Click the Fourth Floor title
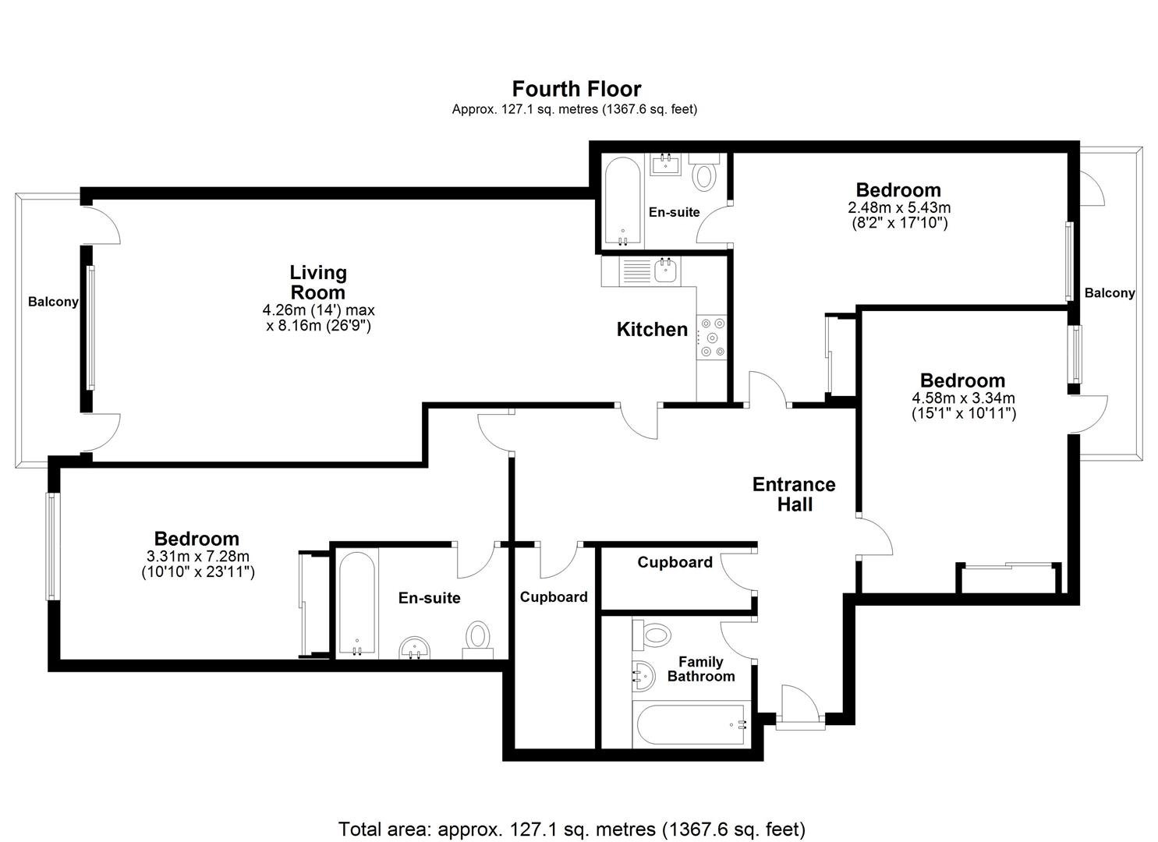576,89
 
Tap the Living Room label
318,282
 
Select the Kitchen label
652,329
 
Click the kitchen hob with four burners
712,338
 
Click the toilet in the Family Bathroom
651,635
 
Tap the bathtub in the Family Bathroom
692,724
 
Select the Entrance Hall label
794,494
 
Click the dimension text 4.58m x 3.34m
963,398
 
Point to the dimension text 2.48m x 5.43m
899,207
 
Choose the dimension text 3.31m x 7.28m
198,556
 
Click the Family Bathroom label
701,669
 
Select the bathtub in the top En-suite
622,202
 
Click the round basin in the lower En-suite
415,648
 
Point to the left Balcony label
53,302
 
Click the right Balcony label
1110,292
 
